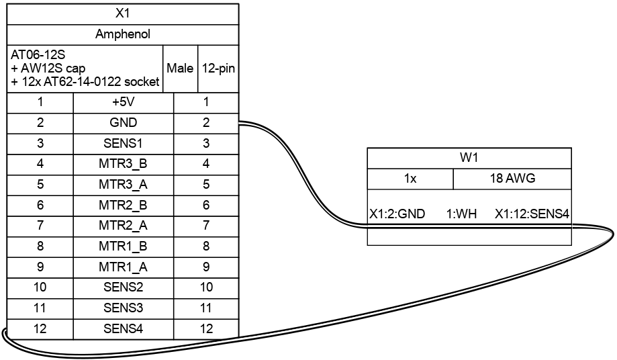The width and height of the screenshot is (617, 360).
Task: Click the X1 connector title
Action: pyautogui.click(x=122, y=13)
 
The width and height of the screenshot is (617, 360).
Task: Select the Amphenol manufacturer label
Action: pyautogui.click(x=122, y=34)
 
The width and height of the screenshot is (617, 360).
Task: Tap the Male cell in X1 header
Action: pyautogui.click(x=181, y=69)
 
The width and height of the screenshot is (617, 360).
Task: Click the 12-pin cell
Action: pyautogui.click(x=218, y=69)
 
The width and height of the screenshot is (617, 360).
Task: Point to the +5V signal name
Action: pyautogui.click(x=123, y=102)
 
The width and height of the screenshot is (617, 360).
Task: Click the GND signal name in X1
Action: pyautogui.click(x=123, y=123)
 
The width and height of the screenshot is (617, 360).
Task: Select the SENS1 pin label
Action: pyautogui.click(x=123, y=143)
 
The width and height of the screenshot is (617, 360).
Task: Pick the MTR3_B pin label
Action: pyautogui.click(x=123, y=164)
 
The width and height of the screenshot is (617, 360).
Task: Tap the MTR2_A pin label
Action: pyautogui.click(x=123, y=225)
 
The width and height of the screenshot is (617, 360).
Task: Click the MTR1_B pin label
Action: pyautogui.click(x=123, y=246)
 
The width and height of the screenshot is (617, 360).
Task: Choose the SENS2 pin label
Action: pyautogui.click(x=123, y=287)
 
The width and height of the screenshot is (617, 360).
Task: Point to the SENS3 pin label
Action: pyautogui.click(x=123, y=308)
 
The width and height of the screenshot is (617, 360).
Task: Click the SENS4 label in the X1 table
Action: pyautogui.click(x=123, y=329)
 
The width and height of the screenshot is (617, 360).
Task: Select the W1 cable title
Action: pyautogui.click(x=469, y=159)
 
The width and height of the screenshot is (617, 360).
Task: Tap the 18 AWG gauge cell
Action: pyautogui.click(x=512, y=179)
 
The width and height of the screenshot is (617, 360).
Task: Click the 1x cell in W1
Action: pyautogui.click(x=410, y=179)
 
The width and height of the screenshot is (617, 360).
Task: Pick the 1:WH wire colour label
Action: pyautogui.click(x=461, y=214)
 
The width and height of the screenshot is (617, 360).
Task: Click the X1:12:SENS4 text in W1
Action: pyautogui.click(x=532, y=214)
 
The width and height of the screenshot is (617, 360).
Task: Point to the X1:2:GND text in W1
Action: pyautogui.click(x=397, y=214)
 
